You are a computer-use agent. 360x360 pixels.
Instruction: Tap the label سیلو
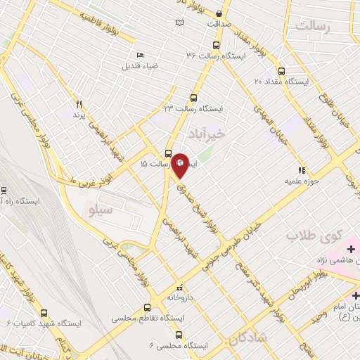(103, 209)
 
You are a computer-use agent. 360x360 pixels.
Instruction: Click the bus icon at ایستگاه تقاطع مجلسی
(147, 307)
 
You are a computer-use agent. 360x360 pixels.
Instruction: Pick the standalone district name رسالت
(314, 27)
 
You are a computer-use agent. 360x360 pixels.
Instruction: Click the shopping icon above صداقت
(219, 13)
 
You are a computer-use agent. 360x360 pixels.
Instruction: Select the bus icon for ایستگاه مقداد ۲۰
(282, 71)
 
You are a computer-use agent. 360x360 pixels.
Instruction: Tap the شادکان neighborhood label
(247, 340)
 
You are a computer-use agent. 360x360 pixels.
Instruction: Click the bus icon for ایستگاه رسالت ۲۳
(194, 98)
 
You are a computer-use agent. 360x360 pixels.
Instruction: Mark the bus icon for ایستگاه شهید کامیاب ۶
(44, 313)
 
